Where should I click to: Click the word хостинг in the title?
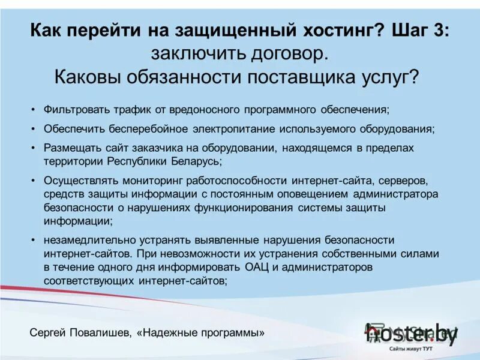(x=335, y=30)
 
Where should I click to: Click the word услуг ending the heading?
(x=391, y=77)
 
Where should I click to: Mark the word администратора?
(x=396, y=194)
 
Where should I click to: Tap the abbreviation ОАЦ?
(x=259, y=266)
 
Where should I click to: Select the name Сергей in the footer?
(x=47, y=332)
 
